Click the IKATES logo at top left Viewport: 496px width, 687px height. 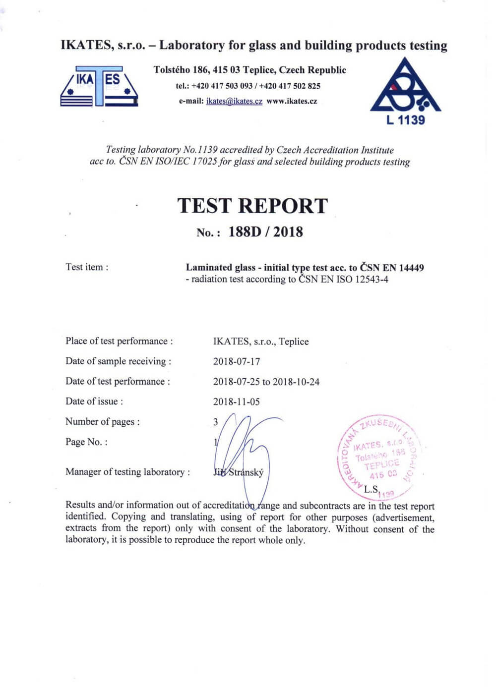pos(99,86)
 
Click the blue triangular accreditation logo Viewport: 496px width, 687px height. pos(405,87)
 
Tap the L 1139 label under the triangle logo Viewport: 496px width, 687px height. pos(405,119)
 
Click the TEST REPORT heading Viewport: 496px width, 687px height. pos(252,206)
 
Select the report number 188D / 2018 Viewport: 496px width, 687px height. pos(265,232)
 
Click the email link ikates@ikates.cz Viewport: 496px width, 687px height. pos(234,101)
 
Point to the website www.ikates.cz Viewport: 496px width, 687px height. pos(292,101)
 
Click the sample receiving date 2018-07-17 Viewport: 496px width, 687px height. pos(237,361)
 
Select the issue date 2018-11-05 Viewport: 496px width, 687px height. pos(237,401)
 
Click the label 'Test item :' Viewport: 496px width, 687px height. pos(87,267)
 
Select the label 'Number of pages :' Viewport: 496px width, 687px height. pos(102,422)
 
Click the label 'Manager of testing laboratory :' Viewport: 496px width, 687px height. pos(127,472)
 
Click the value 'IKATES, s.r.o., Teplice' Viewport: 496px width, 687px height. pos(261,342)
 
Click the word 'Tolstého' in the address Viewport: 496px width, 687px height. pos(172,70)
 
